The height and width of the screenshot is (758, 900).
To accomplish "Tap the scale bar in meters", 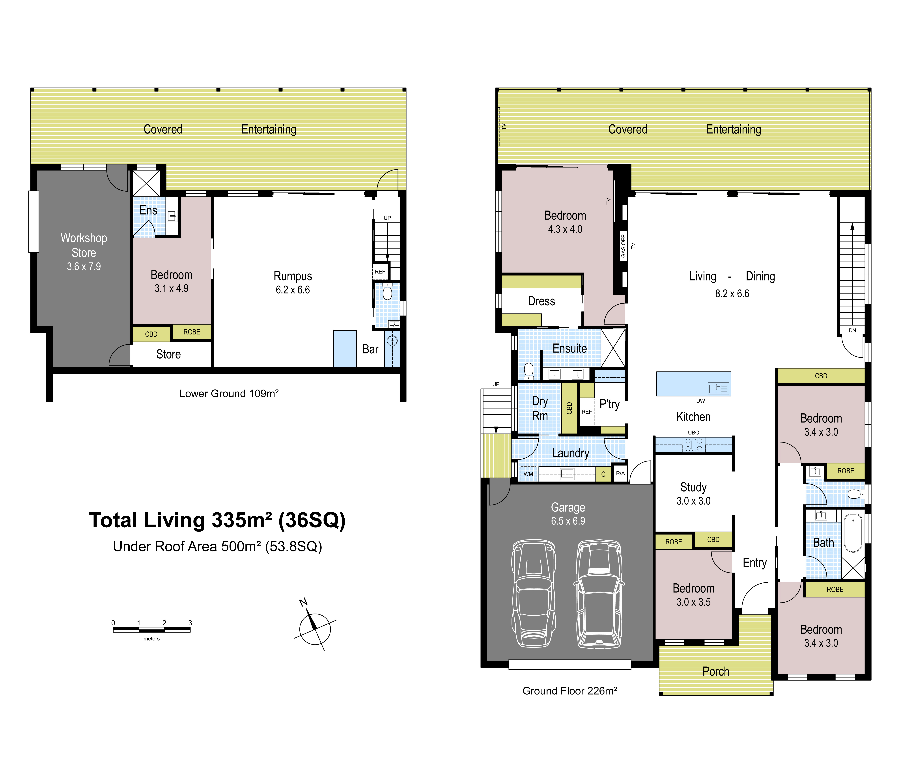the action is click(152, 630).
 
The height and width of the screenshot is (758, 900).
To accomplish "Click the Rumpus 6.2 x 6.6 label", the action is click(293, 282).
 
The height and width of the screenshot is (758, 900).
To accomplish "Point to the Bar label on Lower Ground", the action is click(370, 349).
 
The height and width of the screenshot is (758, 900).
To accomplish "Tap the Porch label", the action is click(716, 671).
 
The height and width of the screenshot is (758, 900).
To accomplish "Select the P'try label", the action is click(610, 404).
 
